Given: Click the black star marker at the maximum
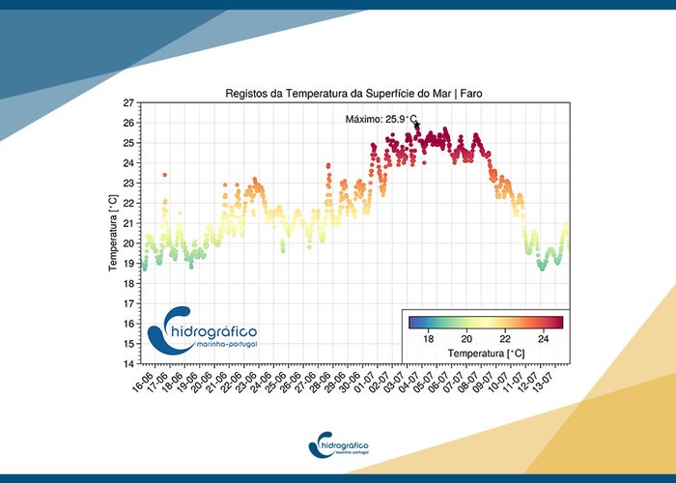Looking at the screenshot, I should pyautogui.click(x=417, y=125).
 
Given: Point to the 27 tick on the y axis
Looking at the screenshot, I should pyautogui.click(x=128, y=102).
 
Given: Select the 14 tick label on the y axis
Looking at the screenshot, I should pyautogui.click(x=128, y=364).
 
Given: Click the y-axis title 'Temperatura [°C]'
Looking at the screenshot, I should pyautogui.click(x=113, y=232).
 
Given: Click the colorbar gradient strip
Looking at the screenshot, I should pyautogui.click(x=485, y=323).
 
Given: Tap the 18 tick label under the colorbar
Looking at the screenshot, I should pyautogui.click(x=428, y=338).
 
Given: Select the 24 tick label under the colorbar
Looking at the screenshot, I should pyautogui.click(x=543, y=338).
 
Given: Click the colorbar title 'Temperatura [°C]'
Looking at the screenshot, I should pyautogui.click(x=485, y=353).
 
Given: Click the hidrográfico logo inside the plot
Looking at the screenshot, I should pyautogui.click(x=204, y=329).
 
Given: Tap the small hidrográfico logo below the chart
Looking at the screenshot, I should pyautogui.click(x=338, y=445).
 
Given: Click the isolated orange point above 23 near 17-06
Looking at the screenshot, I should pyautogui.click(x=165, y=175).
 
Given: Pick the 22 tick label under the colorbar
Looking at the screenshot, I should pyautogui.click(x=504, y=338).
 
